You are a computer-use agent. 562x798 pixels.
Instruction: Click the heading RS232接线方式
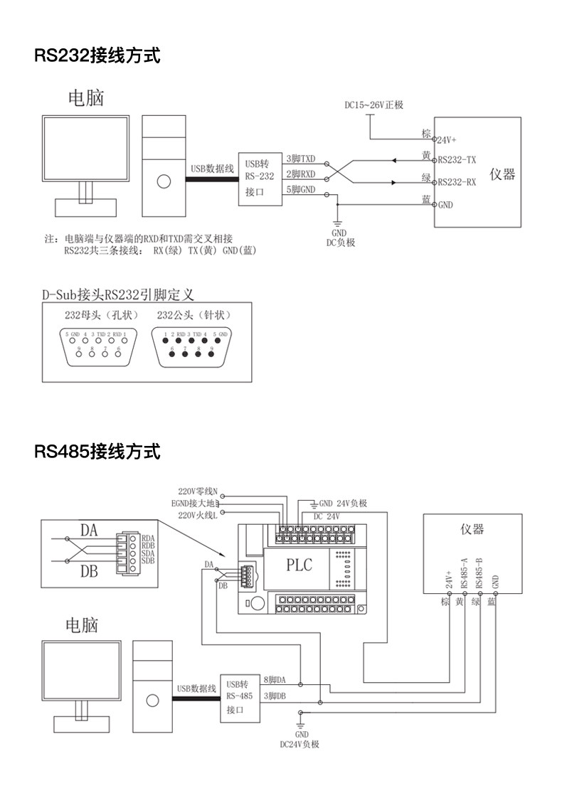coord(97,55)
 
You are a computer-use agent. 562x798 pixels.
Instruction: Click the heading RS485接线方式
coord(97,451)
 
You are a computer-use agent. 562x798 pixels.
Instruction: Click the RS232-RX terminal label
coord(457,182)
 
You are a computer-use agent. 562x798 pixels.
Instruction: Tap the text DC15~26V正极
coord(374,105)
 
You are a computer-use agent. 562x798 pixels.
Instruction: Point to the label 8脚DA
coord(275,680)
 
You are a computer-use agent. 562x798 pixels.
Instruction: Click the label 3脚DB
coord(275,696)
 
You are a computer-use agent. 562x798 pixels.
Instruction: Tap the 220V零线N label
coord(198,491)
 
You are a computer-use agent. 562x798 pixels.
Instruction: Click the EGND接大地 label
coord(198,503)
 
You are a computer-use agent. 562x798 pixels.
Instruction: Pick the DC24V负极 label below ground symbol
coord(299,745)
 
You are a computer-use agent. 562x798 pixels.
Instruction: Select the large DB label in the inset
coord(89,571)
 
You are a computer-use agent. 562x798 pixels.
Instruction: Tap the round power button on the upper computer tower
coord(164,181)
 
